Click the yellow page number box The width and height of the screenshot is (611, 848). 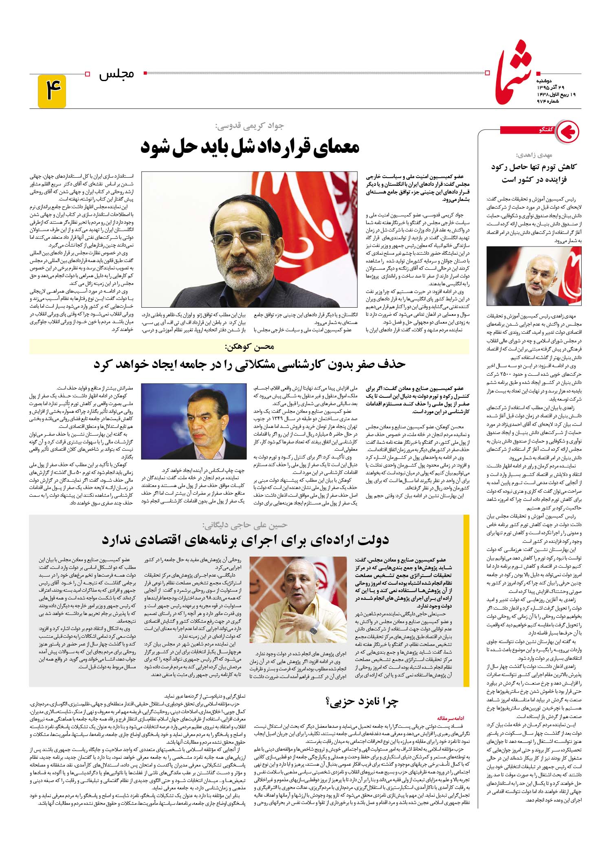pos(52,91)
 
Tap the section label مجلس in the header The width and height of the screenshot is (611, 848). pos(117,75)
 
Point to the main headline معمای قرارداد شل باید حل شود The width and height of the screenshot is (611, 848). pos(250,148)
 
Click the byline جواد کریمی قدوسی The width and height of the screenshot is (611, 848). pos(250,126)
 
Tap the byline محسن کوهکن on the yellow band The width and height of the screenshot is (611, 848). pos(249,347)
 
